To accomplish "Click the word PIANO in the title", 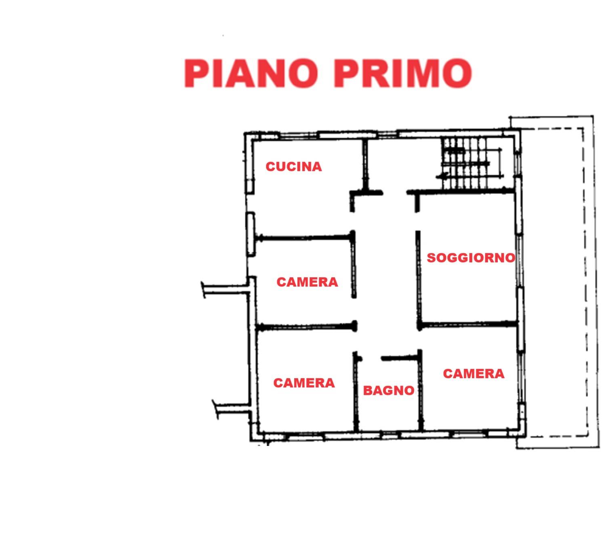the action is point(251,73).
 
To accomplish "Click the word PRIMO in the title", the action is point(403,73).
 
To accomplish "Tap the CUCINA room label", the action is point(294,167).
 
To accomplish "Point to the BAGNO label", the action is point(389,391).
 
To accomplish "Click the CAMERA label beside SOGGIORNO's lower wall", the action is point(473,374).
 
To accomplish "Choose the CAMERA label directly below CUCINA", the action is point(307,282).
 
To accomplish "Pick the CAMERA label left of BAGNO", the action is point(304,383).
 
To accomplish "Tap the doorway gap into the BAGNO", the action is point(372,358).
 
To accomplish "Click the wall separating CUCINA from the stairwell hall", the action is point(365,165).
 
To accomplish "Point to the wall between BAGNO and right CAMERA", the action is point(420,390).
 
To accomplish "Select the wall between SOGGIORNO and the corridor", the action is point(419,280).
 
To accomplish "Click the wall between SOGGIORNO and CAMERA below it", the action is point(468,325).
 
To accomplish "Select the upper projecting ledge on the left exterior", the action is point(226,289).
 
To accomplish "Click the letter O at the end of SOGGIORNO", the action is point(511,258).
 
